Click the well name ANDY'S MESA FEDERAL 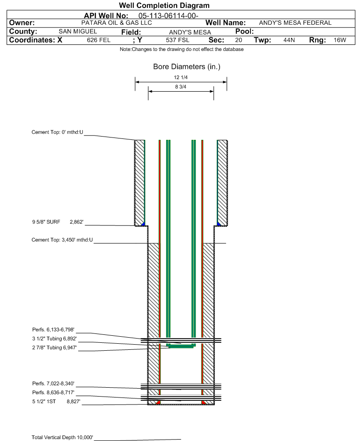(295, 23)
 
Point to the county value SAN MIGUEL (77, 31)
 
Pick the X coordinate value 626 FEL (98, 40)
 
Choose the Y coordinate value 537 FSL (177, 40)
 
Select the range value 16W (339, 40)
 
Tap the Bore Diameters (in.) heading (186, 67)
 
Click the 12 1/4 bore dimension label (181, 78)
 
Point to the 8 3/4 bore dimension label (181, 87)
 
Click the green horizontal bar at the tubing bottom (181, 347)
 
